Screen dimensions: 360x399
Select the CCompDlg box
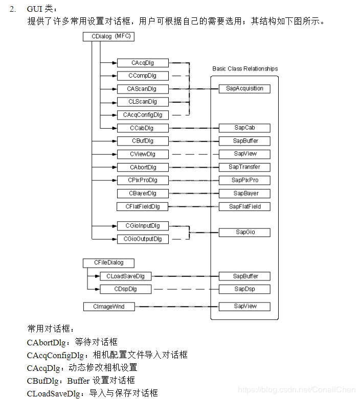[x=143, y=76]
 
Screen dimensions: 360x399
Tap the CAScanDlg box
[x=143, y=89]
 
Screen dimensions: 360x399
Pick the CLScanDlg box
[x=143, y=102]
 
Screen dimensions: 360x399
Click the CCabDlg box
[x=143, y=128]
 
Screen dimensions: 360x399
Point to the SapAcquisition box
[x=244, y=88]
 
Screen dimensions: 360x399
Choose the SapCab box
[x=244, y=128]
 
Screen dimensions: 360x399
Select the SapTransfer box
[x=244, y=167]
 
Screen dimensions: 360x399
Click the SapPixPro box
[x=244, y=180]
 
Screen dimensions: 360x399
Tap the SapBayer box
[x=244, y=194]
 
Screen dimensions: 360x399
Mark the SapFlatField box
[x=244, y=207]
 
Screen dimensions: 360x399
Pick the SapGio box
[x=244, y=232]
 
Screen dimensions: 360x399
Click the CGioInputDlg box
[x=143, y=226]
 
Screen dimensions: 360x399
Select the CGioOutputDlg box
[x=143, y=239]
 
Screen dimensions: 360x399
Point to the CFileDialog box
[x=108, y=263]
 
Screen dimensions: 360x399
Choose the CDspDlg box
[x=126, y=289]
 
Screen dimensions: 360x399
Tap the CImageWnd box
[x=108, y=307]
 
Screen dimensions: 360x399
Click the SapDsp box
[x=244, y=289]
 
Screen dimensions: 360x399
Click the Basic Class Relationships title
[x=245, y=68]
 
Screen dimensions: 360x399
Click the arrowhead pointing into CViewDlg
[x=114, y=154]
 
